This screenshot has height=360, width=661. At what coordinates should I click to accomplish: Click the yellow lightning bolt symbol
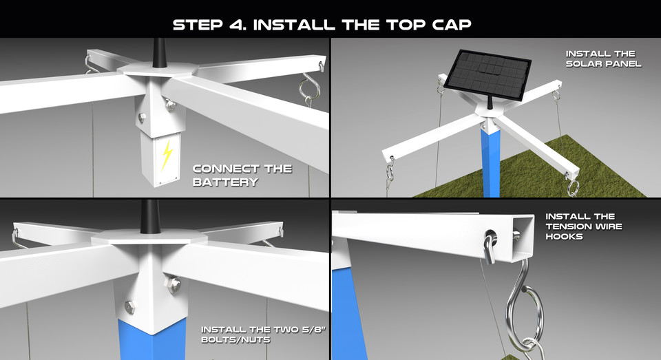(x=166, y=156)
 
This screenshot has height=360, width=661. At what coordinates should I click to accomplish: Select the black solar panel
(x=487, y=73)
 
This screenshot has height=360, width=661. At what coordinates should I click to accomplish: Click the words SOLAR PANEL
(x=603, y=63)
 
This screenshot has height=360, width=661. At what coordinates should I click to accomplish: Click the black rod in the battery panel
(x=159, y=52)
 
